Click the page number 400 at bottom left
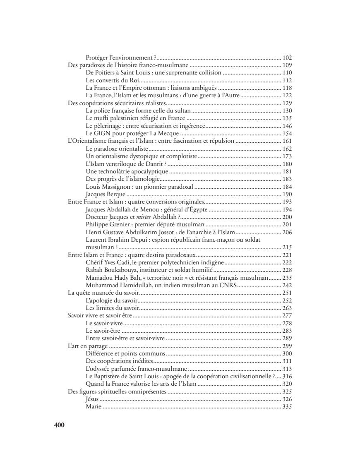click(x=59, y=425)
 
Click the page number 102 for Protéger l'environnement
click(x=287, y=58)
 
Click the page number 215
click(x=287, y=247)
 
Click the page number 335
click(x=287, y=407)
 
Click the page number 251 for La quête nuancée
click(x=287, y=293)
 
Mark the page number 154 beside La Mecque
click(x=287, y=133)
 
